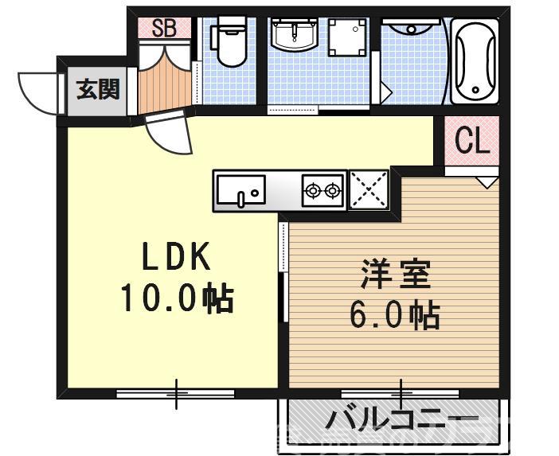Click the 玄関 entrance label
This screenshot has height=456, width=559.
(97, 89)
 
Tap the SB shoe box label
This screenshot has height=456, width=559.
(163, 29)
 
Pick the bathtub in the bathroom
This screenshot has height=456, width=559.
(475, 61)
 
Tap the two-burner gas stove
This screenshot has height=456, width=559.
(322, 191)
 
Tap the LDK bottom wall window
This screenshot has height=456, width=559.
(175, 392)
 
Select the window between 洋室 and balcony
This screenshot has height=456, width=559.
(400, 392)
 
